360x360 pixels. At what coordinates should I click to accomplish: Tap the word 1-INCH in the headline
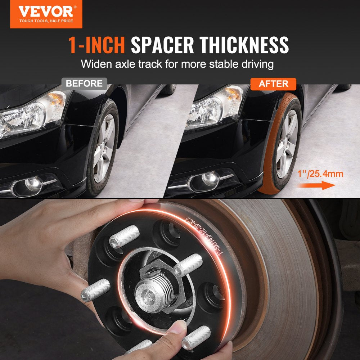click(x=96, y=45)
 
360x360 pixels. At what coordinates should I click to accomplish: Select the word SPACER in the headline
click(x=162, y=45)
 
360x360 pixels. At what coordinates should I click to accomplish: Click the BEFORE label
click(x=84, y=84)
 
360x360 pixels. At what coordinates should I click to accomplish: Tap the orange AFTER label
click(x=274, y=84)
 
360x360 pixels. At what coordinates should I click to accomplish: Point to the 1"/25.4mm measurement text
click(x=321, y=174)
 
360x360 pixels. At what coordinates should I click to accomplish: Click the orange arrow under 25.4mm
click(x=317, y=186)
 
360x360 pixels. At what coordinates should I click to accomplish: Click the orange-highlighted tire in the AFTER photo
click(x=279, y=144)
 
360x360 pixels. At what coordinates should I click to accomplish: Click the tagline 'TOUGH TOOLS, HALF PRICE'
click(x=46, y=21)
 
